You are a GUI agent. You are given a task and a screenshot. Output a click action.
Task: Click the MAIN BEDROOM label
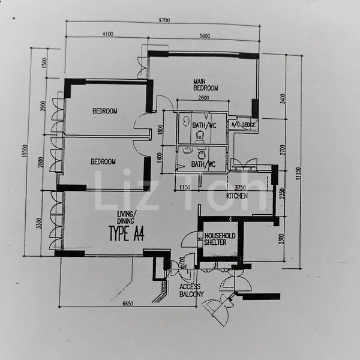[205, 84]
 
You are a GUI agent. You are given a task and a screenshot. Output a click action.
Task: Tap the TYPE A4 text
[125, 233]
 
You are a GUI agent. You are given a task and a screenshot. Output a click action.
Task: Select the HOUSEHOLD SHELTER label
[220, 239]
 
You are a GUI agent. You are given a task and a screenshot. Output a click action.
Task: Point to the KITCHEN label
[237, 196]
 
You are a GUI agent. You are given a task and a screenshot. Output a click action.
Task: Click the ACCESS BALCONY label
[191, 290]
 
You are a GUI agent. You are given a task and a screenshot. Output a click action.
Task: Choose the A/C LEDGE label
[244, 124]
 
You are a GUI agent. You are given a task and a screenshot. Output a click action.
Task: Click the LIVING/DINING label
[127, 217]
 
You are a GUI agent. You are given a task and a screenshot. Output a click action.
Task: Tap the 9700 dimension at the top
[164, 20]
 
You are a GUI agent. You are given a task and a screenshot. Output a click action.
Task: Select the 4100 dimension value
[107, 34]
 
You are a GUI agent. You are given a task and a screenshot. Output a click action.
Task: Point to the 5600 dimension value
[205, 35]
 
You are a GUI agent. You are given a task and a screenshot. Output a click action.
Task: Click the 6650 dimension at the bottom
[127, 304]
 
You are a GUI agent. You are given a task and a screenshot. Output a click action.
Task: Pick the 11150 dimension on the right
[298, 172]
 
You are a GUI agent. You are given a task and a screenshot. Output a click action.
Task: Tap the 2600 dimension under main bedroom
[203, 98]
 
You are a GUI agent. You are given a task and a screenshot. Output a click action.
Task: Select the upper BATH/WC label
[203, 125]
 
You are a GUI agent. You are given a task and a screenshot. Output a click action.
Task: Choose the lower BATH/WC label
[203, 164]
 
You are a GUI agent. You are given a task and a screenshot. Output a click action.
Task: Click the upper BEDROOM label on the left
[104, 111]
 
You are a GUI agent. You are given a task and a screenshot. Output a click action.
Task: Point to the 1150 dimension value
[185, 188]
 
